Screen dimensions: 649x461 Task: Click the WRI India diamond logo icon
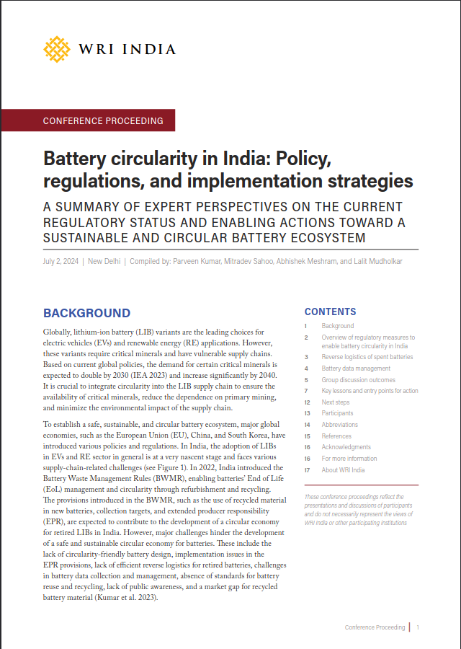point(58,49)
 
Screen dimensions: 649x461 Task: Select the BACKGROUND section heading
point(86,313)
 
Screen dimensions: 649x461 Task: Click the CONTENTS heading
point(330,312)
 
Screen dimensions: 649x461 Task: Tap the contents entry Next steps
point(336,402)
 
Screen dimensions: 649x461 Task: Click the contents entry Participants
point(337,413)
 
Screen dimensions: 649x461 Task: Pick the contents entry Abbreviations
point(339,425)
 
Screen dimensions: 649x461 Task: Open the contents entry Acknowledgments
point(346,447)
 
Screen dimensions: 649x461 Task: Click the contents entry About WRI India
point(343,470)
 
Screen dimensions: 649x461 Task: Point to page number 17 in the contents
point(307,470)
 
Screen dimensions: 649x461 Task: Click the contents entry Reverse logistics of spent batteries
point(367,357)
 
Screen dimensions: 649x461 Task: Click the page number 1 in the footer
point(418,627)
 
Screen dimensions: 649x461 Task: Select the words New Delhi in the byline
point(104,261)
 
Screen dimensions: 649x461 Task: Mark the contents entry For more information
point(349,459)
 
